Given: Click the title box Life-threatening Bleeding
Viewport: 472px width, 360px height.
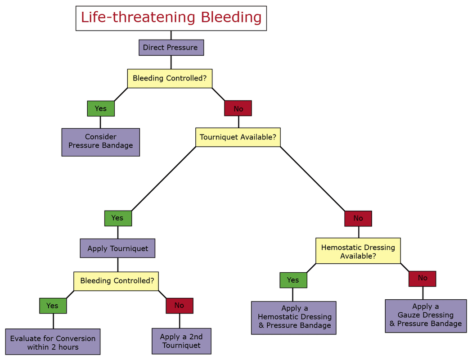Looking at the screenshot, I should (x=171, y=18).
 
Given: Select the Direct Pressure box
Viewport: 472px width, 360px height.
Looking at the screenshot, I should (x=171, y=47).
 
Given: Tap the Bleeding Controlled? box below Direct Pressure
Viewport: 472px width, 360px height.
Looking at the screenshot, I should (x=170, y=78).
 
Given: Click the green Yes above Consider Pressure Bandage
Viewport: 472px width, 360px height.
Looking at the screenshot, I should (x=100, y=108).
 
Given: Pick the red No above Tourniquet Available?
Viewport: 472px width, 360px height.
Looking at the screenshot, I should (x=238, y=108).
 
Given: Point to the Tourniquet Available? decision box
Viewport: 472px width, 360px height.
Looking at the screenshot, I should (x=238, y=137).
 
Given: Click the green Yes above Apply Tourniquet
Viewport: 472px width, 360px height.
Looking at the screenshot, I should (x=118, y=218).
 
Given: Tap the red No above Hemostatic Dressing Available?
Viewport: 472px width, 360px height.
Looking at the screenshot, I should (x=358, y=218).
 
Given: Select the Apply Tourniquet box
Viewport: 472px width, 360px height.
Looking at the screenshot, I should (x=117, y=248).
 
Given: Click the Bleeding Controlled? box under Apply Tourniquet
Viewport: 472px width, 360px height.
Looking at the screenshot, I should (x=117, y=281).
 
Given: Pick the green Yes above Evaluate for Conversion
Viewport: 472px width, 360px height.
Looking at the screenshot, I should (x=53, y=306).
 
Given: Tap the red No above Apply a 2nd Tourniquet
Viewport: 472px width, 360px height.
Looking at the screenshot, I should (x=179, y=306).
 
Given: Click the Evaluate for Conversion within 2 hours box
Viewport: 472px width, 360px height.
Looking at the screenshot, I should (x=53, y=342).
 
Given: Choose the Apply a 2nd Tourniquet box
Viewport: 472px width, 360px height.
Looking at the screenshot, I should (x=181, y=341).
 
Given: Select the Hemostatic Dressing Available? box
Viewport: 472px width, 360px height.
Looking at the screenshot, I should (x=358, y=251).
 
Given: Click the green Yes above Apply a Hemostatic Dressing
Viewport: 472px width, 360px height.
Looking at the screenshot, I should (x=293, y=280).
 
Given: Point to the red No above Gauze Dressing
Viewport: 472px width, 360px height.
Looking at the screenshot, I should (x=422, y=279).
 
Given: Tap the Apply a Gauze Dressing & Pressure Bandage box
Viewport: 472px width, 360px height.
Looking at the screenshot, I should (x=425, y=316).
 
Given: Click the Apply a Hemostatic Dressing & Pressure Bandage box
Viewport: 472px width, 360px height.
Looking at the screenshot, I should (x=293, y=318).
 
